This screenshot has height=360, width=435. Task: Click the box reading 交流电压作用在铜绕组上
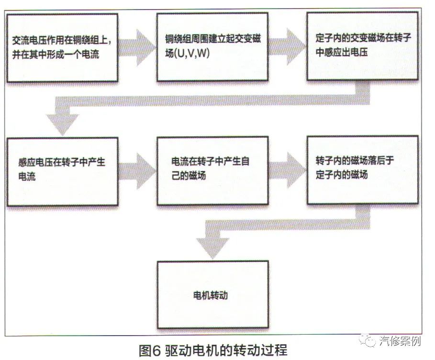[62, 48]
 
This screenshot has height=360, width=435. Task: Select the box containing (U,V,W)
[212, 47]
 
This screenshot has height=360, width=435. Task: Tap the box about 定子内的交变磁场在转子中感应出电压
[362, 46]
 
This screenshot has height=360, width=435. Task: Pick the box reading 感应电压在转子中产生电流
[63, 172]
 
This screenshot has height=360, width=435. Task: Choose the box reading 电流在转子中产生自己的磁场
[212, 171]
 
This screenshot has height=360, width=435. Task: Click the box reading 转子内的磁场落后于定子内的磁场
[363, 170]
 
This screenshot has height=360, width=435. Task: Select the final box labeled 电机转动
[213, 295]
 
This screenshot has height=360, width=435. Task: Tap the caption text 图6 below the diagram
[150, 350]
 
